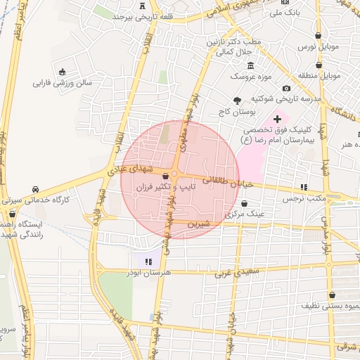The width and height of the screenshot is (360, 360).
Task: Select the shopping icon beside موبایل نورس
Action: click(319, 35)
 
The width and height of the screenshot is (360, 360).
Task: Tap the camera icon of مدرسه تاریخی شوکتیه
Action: click(286, 88)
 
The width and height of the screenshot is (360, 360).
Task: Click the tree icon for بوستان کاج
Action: click(236, 100)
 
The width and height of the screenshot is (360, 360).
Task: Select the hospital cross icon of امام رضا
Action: click(277, 119)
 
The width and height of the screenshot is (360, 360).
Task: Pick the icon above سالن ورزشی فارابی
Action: click(63, 72)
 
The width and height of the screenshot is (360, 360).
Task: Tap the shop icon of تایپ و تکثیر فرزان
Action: click(165, 176)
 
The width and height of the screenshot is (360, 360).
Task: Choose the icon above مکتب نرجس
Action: click(304, 187)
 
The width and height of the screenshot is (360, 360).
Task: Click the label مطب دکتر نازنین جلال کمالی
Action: click(233, 47)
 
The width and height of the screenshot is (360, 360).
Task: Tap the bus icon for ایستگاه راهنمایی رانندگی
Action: click(12, 214)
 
